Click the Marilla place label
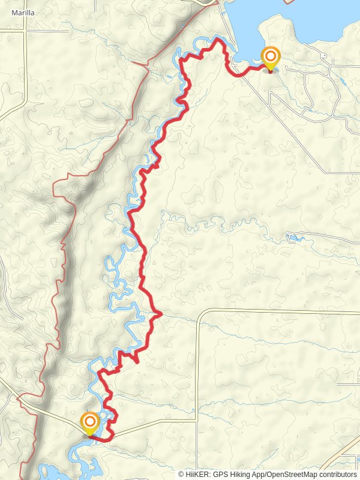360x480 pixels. (x=23, y=11)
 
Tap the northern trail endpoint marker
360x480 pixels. (x=271, y=59)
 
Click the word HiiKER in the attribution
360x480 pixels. (x=197, y=474)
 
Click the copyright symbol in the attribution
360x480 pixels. (x=181, y=474)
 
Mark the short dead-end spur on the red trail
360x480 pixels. (x=134, y=359)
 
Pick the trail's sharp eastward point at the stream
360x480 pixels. (x=161, y=313)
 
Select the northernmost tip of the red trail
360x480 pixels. (x=217, y=38)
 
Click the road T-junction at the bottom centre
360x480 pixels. (x=196, y=421)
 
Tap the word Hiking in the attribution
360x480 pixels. (x=242, y=474)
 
